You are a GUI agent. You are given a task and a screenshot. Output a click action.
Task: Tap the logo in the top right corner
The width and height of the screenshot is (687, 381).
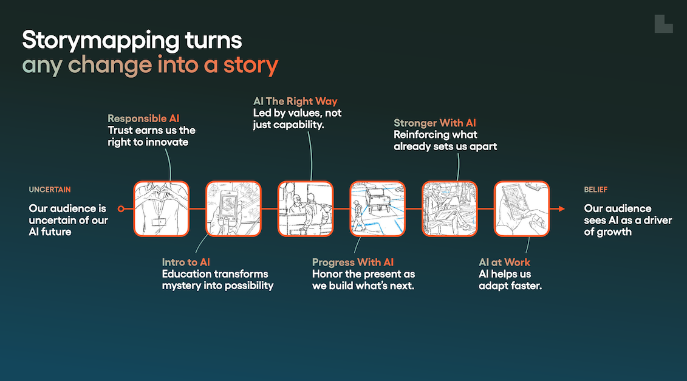[663, 24]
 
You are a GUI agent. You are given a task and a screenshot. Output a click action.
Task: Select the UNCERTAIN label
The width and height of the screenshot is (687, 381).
[54, 190]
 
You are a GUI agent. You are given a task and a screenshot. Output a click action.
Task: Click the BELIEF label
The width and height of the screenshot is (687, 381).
[596, 190]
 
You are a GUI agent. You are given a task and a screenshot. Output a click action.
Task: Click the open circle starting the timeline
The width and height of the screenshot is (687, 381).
[121, 209]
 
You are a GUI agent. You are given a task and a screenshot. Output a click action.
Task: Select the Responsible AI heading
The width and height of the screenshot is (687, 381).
[143, 118]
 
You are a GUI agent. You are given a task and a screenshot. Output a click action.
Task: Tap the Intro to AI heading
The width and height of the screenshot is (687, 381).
[186, 262]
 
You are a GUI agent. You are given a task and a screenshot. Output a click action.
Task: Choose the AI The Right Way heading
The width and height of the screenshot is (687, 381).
[295, 101]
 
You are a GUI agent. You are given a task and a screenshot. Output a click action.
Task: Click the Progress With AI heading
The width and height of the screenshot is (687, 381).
[353, 262]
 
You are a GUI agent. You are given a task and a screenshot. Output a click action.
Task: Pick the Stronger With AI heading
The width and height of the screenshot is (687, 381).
[434, 123]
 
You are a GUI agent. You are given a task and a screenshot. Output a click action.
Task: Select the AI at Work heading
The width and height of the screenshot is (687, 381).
[504, 262]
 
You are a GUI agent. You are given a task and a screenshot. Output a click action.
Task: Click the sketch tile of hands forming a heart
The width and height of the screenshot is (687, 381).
[161, 208]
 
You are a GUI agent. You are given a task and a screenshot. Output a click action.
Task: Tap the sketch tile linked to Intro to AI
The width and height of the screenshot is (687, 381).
[233, 208]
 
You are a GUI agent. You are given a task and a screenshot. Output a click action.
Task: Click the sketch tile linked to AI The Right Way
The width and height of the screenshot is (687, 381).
[306, 208]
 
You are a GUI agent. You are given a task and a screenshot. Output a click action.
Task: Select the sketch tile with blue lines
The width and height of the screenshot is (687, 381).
[377, 208]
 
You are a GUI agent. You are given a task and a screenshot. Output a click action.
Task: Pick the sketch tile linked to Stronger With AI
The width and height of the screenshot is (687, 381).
[449, 208]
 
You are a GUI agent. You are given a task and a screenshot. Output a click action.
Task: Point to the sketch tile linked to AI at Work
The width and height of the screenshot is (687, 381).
[521, 208]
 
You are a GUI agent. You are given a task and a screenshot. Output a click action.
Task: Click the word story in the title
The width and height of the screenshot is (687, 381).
[256, 64]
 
